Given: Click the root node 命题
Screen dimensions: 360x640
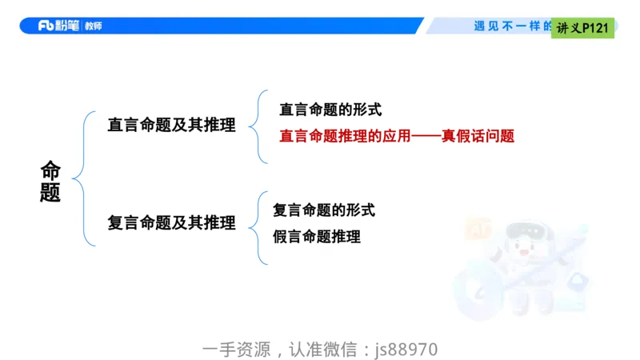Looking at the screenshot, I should pyautogui.click(x=50, y=182).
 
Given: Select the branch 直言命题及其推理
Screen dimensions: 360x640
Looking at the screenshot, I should pyautogui.click(x=171, y=125).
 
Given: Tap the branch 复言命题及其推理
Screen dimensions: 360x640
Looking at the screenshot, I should pyautogui.click(x=171, y=223).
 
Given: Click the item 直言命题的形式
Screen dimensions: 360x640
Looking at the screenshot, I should pyautogui.click(x=330, y=110).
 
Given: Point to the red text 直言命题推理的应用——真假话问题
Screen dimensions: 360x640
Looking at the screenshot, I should pyautogui.click(x=396, y=136).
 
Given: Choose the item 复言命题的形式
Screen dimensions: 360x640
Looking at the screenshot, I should pyautogui.click(x=323, y=210).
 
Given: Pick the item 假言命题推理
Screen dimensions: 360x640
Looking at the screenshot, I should pyautogui.click(x=316, y=236).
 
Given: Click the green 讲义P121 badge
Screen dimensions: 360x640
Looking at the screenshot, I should pyautogui.click(x=582, y=28).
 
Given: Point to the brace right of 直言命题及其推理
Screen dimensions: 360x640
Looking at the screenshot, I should pyautogui.click(x=254, y=125).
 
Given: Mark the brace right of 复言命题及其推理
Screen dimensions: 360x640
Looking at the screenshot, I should pyautogui.click(x=258, y=226).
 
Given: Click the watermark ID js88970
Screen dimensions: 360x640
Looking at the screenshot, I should pyautogui.click(x=406, y=350).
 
